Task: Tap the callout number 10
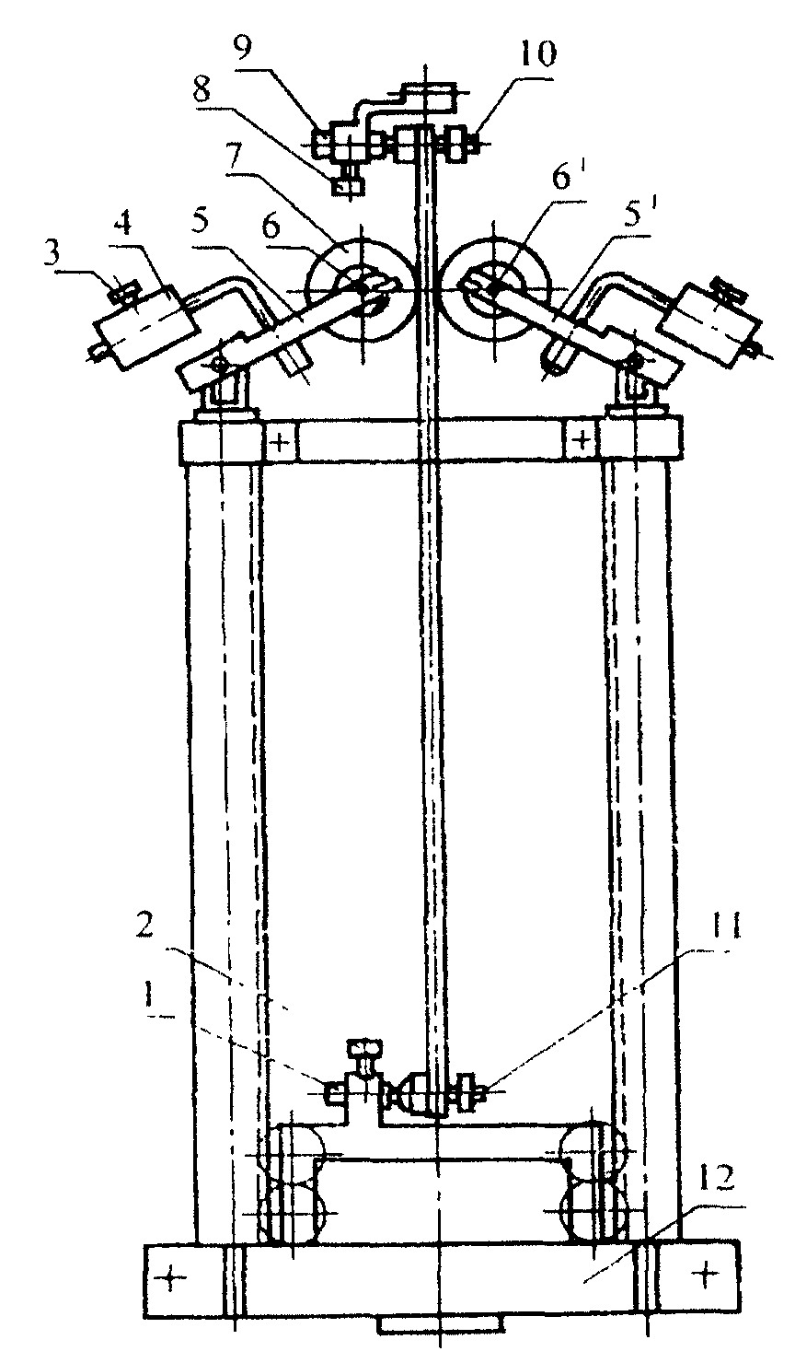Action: click(536, 58)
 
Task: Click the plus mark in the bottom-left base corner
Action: click(171, 1277)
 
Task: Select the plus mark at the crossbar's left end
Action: click(282, 443)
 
